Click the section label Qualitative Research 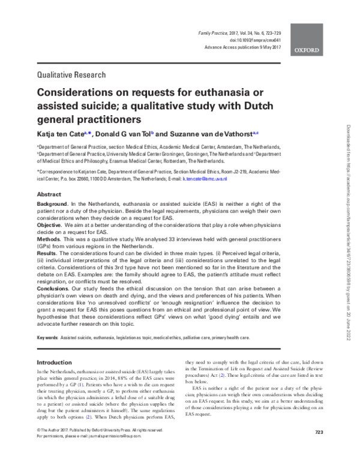click(x=71, y=76)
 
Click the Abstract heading click(x=49, y=195)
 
